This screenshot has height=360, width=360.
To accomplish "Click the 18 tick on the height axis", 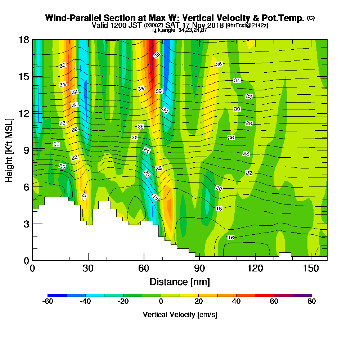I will point(24,40).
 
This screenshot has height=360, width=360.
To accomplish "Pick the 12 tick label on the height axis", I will point(24,113).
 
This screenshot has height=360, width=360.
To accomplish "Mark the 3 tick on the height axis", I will point(26,224).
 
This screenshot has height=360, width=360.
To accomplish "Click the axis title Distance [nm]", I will point(180,282).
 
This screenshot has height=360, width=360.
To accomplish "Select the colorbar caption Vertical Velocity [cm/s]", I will point(180,315).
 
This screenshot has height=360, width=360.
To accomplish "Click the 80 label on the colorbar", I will point(311,302).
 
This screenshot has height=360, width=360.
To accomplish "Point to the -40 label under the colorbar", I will point(85,302).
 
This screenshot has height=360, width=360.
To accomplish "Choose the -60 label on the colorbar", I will point(48,302).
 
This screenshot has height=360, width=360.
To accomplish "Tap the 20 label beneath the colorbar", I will point(198,302).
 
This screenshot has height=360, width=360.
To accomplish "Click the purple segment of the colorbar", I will point(302,295).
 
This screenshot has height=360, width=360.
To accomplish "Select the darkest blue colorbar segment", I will point(57,295).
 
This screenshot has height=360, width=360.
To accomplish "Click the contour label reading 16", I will point(231,238).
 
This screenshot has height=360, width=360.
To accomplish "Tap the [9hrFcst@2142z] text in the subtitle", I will point(247,26).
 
